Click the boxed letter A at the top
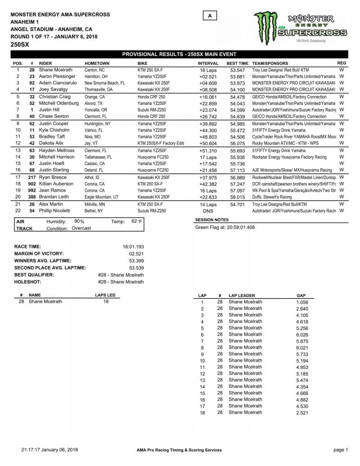pos(210,16)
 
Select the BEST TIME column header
pos(237,63)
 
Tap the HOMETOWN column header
pos(97,63)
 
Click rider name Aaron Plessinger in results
pos(57,76)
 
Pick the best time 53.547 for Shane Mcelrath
pos(238,70)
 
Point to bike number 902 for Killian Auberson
pos(32,184)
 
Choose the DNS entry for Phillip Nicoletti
pos(208,211)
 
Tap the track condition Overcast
pos(82,228)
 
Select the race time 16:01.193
pos(133,247)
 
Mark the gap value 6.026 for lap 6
pos(302,335)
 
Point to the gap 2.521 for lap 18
pos(302,412)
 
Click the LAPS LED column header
pos(105,295)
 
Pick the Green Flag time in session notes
pos(225,227)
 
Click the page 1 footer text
pos(340,450)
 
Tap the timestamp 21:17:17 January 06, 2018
pos(50,450)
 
